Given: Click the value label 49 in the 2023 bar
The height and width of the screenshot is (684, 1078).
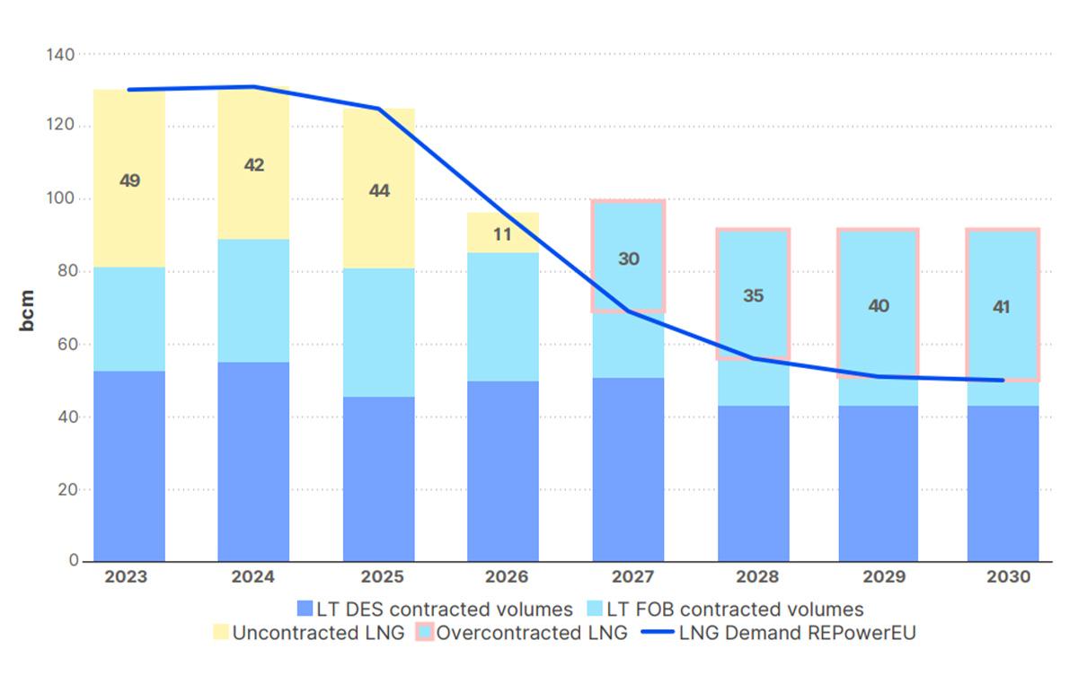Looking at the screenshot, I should click(x=129, y=181).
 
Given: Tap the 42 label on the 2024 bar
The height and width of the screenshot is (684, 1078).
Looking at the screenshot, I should click(x=254, y=165).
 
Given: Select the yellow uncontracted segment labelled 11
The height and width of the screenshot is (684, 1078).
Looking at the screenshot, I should click(x=503, y=234).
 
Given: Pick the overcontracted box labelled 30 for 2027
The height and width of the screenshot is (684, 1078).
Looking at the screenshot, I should click(x=628, y=259).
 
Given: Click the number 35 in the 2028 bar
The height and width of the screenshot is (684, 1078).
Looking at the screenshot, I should click(x=753, y=295).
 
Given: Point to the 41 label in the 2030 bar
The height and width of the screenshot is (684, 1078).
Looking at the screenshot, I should click(x=1002, y=307).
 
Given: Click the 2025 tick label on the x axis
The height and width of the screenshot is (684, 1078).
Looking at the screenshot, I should click(x=379, y=577).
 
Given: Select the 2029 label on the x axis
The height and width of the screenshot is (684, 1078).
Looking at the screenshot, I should click(x=878, y=577).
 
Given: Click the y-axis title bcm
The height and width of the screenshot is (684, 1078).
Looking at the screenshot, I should click(x=28, y=310).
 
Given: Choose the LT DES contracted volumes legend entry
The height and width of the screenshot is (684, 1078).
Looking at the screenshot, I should click(x=434, y=609).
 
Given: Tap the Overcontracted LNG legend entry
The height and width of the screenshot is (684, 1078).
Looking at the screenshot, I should click(x=523, y=633).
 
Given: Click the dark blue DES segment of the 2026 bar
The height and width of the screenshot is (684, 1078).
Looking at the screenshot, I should click(x=503, y=471).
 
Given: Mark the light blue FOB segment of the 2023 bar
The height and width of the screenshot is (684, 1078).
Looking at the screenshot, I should click(x=129, y=320).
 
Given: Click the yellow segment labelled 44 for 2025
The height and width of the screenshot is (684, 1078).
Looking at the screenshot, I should click(x=379, y=189).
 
